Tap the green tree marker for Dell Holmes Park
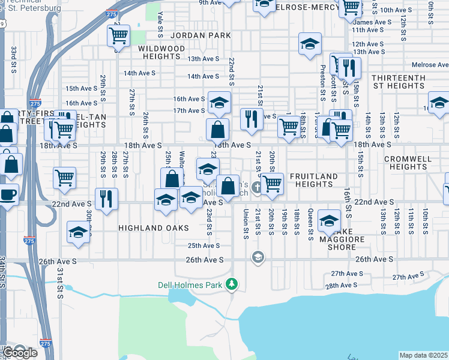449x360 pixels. [232, 284]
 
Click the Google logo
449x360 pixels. [20, 353]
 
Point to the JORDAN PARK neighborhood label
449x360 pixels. [200, 36]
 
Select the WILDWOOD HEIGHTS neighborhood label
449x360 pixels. [161, 52]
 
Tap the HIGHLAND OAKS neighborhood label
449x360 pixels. [145, 228]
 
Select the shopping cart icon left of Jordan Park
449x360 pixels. [118, 36]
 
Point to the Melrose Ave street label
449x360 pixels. [430, 65]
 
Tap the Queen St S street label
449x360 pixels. [310, 222]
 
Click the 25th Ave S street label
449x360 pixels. [203, 246]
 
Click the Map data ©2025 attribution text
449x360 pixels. [424, 355]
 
